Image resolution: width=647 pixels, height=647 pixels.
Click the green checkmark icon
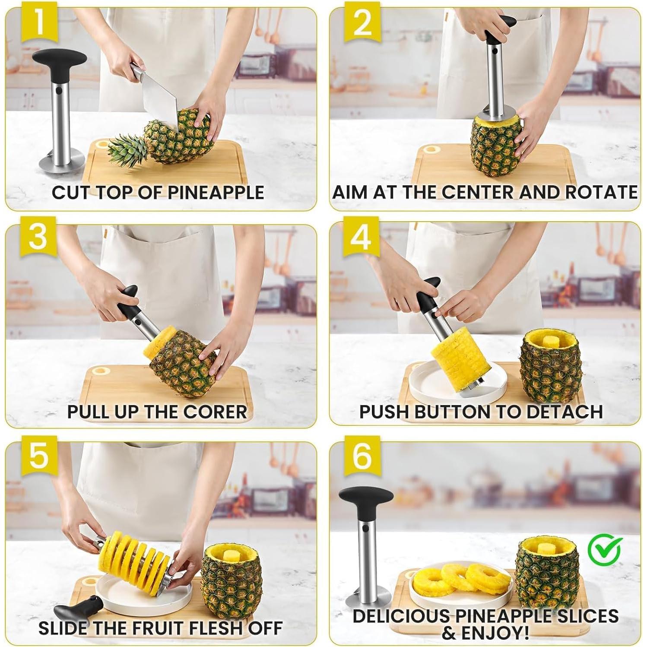605,547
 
